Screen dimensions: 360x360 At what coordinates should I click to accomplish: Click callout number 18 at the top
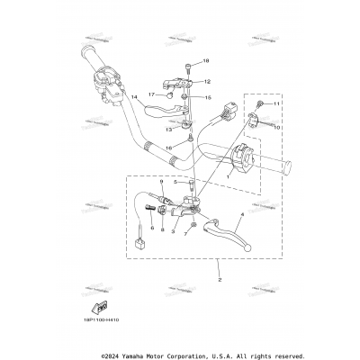tap(205, 61)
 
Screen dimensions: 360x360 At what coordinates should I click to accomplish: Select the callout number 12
tap(207, 81)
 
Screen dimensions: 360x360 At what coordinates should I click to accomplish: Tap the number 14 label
tap(133, 96)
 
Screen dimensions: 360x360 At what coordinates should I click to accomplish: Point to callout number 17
tap(151, 94)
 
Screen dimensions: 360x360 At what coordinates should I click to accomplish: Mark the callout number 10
tap(277, 128)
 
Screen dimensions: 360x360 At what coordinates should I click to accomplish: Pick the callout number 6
tap(153, 229)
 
